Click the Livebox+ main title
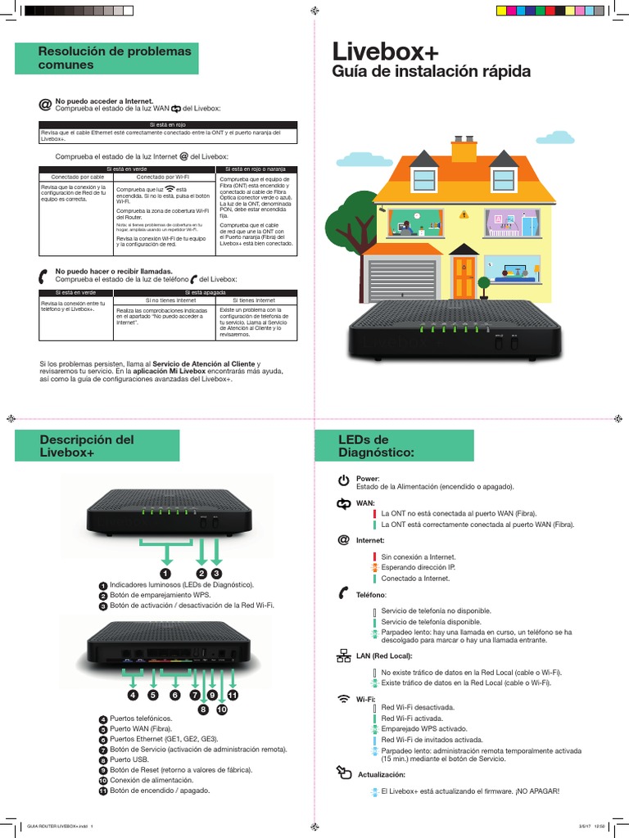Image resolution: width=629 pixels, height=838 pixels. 385,52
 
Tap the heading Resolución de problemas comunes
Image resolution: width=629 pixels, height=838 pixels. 114,57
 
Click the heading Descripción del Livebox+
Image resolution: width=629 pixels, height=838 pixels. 87,446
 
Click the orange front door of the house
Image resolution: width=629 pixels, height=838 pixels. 464,277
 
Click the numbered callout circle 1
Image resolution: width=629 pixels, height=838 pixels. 165,573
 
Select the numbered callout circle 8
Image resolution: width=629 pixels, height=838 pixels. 203,710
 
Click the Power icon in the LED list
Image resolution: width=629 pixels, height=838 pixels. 344,480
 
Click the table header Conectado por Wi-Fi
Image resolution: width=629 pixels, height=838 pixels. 162,177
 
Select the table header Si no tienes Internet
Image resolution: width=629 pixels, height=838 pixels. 164,301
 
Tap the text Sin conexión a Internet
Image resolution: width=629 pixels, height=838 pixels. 419,556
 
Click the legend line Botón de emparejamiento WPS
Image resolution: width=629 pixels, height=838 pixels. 160,595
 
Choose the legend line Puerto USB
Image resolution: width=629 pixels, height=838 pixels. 132,759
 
